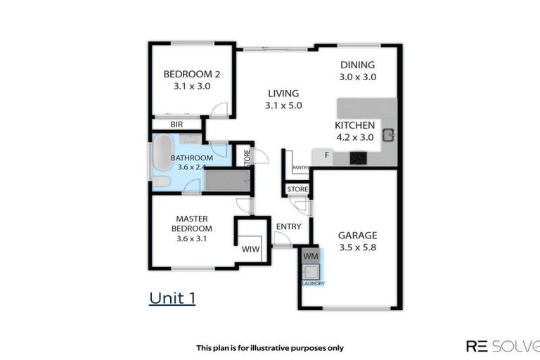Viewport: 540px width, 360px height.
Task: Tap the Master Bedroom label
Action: click(x=193, y=224)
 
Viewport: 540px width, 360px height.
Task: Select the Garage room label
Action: click(x=357, y=236)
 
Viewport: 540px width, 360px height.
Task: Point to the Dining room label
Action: click(x=357, y=65)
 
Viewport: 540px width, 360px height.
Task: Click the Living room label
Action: click(x=283, y=94)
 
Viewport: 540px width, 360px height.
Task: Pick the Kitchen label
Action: click(x=354, y=126)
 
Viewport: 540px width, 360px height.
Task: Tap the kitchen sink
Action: click(x=388, y=134)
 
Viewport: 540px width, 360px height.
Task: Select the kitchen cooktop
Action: click(x=359, y=157)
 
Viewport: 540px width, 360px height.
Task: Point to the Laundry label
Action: click(x=313, y=283)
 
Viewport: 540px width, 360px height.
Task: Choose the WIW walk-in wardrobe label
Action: click(x=251, y=250)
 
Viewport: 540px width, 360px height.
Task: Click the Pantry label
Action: click(x=301, y=167)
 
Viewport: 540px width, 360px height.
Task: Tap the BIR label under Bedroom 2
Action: click(x=176, y=124)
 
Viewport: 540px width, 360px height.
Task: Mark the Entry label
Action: click(x=288, y=226)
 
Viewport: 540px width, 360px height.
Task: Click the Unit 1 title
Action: click(x=172, y=297)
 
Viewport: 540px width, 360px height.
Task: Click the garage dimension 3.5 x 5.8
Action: click(x=357, y=247)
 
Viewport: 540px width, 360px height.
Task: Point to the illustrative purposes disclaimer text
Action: click(x=270, y=347)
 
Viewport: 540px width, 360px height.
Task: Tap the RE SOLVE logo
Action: click(x=502, y=346)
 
